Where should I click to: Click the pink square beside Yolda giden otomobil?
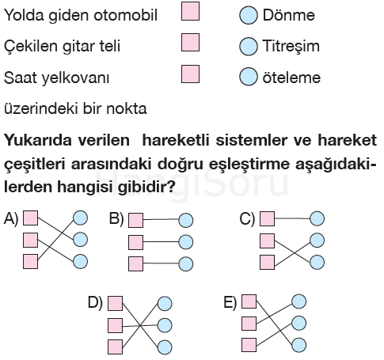coord(190,11)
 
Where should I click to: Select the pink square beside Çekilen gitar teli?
coord(190,42)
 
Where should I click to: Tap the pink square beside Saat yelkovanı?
coord(190,74)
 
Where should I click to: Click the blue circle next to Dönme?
coord(249,15)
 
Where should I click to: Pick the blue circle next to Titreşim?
coord(249,46)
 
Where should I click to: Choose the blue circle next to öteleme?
coord(249,77)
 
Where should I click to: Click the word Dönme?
coord(289,15)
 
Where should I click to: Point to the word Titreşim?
coord(291,46)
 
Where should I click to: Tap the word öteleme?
coord(291,78)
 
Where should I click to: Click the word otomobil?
coord(126,15)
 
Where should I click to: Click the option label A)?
coord(11,219)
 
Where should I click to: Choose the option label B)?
coord(116,219)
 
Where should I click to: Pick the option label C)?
coord(247,219)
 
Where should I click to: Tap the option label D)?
coord(95,302)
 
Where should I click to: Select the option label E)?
coord(230,302)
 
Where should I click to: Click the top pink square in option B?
coord(136,220)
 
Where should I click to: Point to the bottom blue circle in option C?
coord(317,263)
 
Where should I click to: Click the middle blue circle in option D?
coord(165,325)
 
